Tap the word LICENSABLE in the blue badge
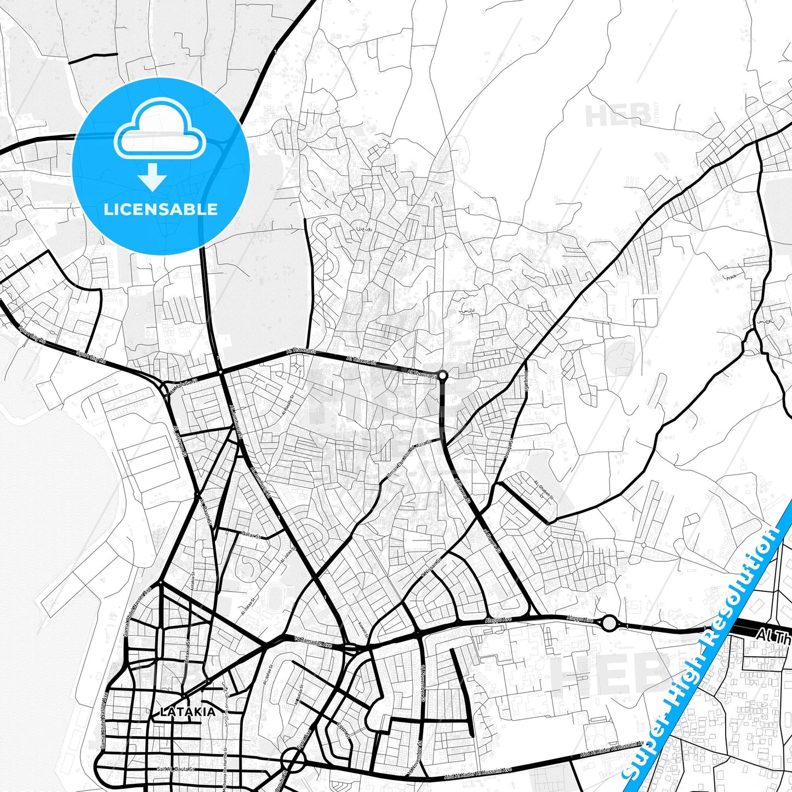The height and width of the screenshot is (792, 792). point(161,209)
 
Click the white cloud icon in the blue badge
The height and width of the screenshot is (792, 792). point(159,129)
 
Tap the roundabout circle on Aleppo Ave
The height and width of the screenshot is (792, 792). point(609,623)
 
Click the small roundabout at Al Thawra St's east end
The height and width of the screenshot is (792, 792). point(442,376)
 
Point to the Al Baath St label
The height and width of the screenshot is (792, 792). point(206,512)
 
